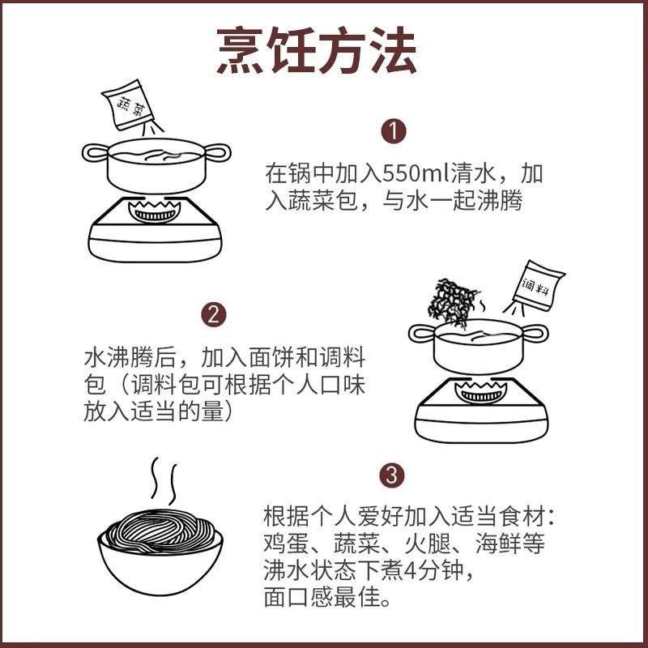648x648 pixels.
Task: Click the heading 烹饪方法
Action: point(317,52)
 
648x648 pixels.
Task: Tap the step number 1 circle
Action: point(393,131)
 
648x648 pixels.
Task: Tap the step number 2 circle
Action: point(212,314)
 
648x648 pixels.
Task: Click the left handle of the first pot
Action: point(94,151)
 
